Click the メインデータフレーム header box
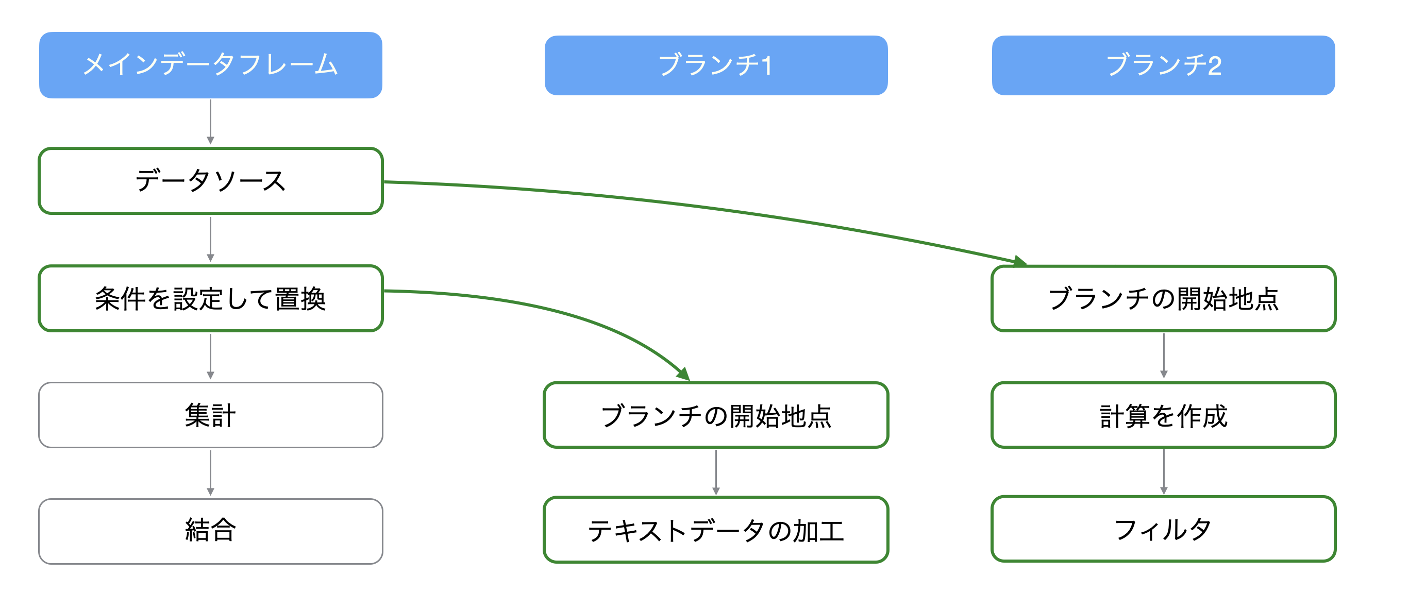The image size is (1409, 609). (x=211, y=65)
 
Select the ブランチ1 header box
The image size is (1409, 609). (x=716, y=65)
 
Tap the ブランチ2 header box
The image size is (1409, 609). (x=1163, y=65)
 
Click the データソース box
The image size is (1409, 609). (x=211, y=181)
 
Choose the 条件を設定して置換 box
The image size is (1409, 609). (x=211, y=298)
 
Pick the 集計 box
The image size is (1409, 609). (x=211, y=415)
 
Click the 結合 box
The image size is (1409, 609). (x=211, y=531)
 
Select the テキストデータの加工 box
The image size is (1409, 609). (x=716, y=530)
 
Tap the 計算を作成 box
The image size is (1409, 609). (x=1163, y=415)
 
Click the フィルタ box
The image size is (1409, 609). (x=1163, y=529)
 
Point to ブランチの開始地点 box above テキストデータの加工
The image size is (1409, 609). (x=716, y=415)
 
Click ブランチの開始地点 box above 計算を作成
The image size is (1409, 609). (x=1163, y=298)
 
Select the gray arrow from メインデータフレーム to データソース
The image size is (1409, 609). (x=211, y=122)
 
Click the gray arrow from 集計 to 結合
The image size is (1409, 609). (x=211, y=473)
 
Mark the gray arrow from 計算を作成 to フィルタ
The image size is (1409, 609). (x=1163, y=472)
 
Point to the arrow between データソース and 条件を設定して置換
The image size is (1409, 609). (x=211, y=240)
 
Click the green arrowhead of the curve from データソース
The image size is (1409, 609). (x=1020, y=261)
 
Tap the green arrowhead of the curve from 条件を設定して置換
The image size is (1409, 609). (x=683, y=374)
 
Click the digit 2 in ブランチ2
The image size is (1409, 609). (x=1214, y=66)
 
